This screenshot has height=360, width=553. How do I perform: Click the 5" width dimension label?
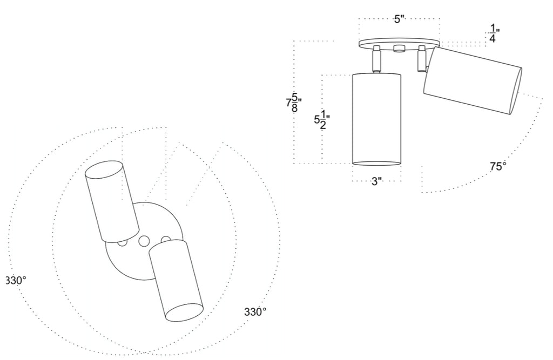[399, 19]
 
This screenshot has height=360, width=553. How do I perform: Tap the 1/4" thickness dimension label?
[493, 33]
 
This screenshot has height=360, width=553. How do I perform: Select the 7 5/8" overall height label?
[292, 102]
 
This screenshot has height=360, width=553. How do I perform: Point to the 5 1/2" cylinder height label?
[321, 120]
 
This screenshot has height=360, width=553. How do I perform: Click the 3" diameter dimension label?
[377, 181]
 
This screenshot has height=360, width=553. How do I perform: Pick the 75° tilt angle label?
[498, 166]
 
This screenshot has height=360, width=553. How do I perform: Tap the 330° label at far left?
[16, 281]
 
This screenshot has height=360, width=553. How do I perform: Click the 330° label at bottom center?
[255, 312]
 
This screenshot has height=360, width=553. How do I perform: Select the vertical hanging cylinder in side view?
[377, 119]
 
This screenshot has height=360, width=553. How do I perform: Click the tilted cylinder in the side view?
[473, 80]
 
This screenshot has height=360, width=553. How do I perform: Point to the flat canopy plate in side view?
[399, 43]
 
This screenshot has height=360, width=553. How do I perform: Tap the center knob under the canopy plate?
[399, 49]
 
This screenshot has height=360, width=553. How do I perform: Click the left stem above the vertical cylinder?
[376, 59]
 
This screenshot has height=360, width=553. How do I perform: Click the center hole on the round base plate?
[144, 241]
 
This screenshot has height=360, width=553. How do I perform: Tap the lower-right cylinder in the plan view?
[176, 280]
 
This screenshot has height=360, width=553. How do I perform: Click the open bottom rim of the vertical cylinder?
[377, 163]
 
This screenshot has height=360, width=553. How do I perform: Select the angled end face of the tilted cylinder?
[516, 91]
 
